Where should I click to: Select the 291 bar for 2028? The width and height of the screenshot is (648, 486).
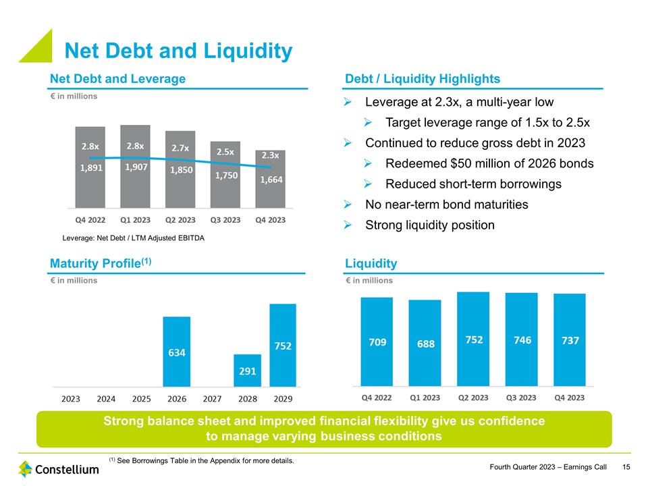tap(247, 371)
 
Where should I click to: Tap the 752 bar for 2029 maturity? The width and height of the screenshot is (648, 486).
tap(283, 345)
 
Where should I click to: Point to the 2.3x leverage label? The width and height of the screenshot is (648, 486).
tap(270, 155)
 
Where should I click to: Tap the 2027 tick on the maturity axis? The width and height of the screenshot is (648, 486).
tap(213, 398)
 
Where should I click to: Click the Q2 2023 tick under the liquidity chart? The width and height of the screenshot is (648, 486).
tap(473, 398)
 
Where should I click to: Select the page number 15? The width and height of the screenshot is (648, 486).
tap(626, 467)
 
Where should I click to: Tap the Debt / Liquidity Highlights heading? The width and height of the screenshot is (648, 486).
tap(423, 79)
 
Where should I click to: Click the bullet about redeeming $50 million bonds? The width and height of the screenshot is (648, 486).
tap(489, 163)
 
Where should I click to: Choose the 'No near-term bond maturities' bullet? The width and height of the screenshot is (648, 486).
tap(446, 205)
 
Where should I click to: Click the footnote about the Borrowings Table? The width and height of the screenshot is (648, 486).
tap(202, 460)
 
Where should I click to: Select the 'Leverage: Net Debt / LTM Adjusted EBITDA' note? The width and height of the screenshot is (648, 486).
tap(133, 238)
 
